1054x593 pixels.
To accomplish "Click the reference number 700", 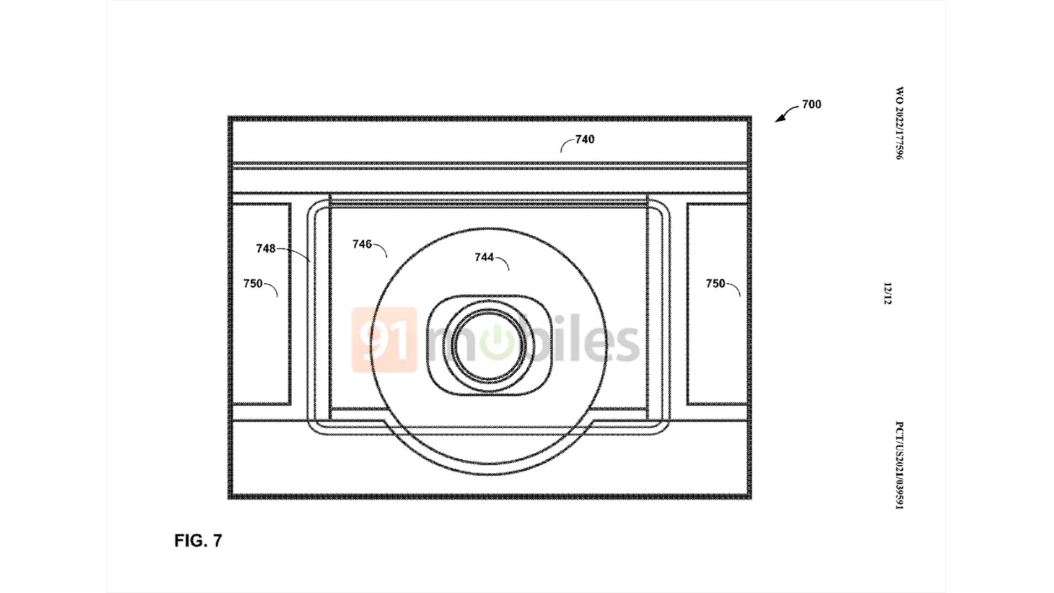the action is [x=812, y=104].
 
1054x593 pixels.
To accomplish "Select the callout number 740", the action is [x=585, y=139].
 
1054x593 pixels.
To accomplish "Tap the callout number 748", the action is [x=266, y=249].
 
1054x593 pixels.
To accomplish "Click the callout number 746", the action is [x=363, y=244].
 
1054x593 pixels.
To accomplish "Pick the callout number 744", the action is [x=484, y=257].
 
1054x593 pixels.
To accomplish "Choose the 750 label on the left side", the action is [x=253, y=283].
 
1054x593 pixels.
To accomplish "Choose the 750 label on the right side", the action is [x=715, y=283].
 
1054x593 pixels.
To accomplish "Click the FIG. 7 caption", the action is [x=198, y=541].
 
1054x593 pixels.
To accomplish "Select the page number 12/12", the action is [x=887, y=294].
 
